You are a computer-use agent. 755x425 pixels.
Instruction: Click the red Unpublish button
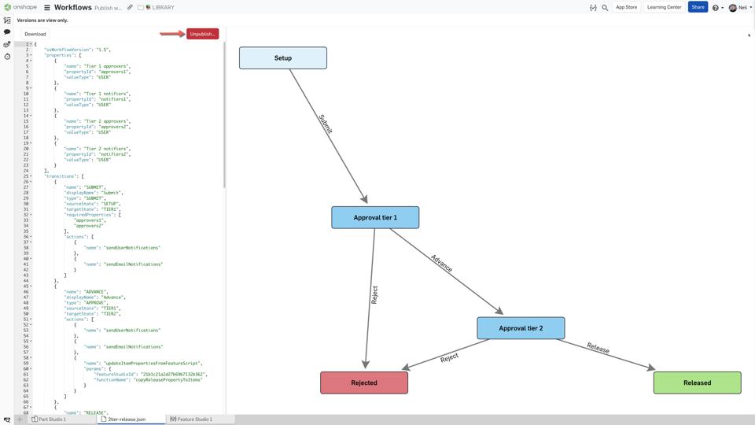coord(202,34)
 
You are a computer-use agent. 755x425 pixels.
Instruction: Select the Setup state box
coord(283,58)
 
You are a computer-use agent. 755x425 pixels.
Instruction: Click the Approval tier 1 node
coord(375,217)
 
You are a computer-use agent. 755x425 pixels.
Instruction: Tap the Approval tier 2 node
coord(521,328)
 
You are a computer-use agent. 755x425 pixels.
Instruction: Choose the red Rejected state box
coord(364,382)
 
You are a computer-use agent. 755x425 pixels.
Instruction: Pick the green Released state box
coord(697,382)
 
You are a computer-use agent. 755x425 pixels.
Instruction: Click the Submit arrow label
coord(326,124)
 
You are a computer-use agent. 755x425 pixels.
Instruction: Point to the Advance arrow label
coord(441,264)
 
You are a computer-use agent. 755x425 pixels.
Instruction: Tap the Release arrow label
coord(598,348)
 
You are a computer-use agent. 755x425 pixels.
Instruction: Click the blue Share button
coord(698,7)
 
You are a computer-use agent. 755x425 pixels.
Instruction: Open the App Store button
coord(626,7)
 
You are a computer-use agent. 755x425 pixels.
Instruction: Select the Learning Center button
coord(664,7)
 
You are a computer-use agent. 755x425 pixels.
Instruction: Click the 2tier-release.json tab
coord(126,419)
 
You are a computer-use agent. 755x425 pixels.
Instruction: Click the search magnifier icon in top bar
coord(605,7)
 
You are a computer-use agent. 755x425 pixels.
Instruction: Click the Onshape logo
coord(20,7)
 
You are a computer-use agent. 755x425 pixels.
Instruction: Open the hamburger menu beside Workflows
coord(47,7)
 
